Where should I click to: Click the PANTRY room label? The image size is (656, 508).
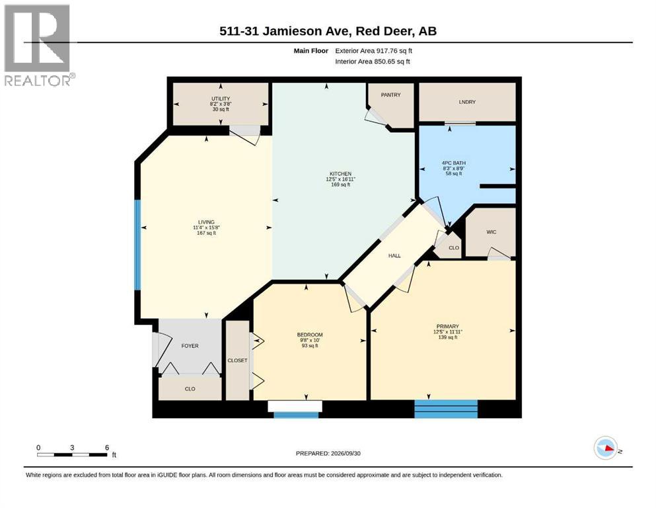click(x=390, y=95)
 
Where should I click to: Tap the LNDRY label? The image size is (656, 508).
click(x=467, y=102)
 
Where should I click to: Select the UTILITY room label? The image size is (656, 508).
click(x=221, y=99)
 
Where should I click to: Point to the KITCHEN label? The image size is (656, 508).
click(x=340, y=174)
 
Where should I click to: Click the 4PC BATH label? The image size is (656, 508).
click(x=454, y=163)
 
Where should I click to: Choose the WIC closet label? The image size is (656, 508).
click(x=491, y=232)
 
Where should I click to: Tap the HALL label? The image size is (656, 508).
click(x=394, y=256)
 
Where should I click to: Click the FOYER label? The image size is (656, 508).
click(x=190, y=346)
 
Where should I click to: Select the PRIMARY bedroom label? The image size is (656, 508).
click(x=448, y=327)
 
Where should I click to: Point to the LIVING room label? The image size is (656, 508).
click(x=206, y=222)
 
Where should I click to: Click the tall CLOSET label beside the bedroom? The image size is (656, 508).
click(x=237, y=360)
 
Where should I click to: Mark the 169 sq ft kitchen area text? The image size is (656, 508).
click(x=340, y=185)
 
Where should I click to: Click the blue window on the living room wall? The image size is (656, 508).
click(x=137, y=245)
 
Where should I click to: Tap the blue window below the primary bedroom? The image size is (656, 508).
click(x=446, y=409)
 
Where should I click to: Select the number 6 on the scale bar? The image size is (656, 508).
click(x=107, y=448)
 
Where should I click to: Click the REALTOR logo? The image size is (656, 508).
click(x=38, y=45)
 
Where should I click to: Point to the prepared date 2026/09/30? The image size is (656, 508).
click(x=346, y=454)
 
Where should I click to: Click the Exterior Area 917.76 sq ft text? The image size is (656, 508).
click(x=374, y=51)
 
